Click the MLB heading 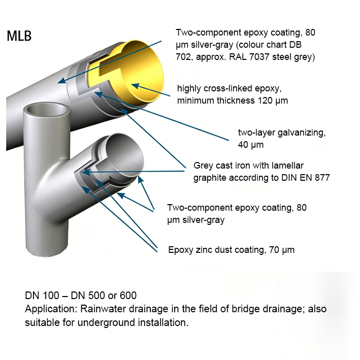pyautogui.click(x=19, y=36)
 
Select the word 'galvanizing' pyautogui.click(x=302, y=133)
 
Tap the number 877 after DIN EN pyautogui.click(x=322, y=178)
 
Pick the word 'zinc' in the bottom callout pyautogui.click(x=205, y=250)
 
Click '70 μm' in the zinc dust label pyautogui.click(x=282, y=250)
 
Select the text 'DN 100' pyautogui.click(x=42, y=296)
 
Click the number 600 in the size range pyautogui.click(x=128, y=296)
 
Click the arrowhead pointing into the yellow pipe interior pyautogui.click(x=136, y=86)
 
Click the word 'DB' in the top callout pyautogui.click(x=295, y=45)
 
